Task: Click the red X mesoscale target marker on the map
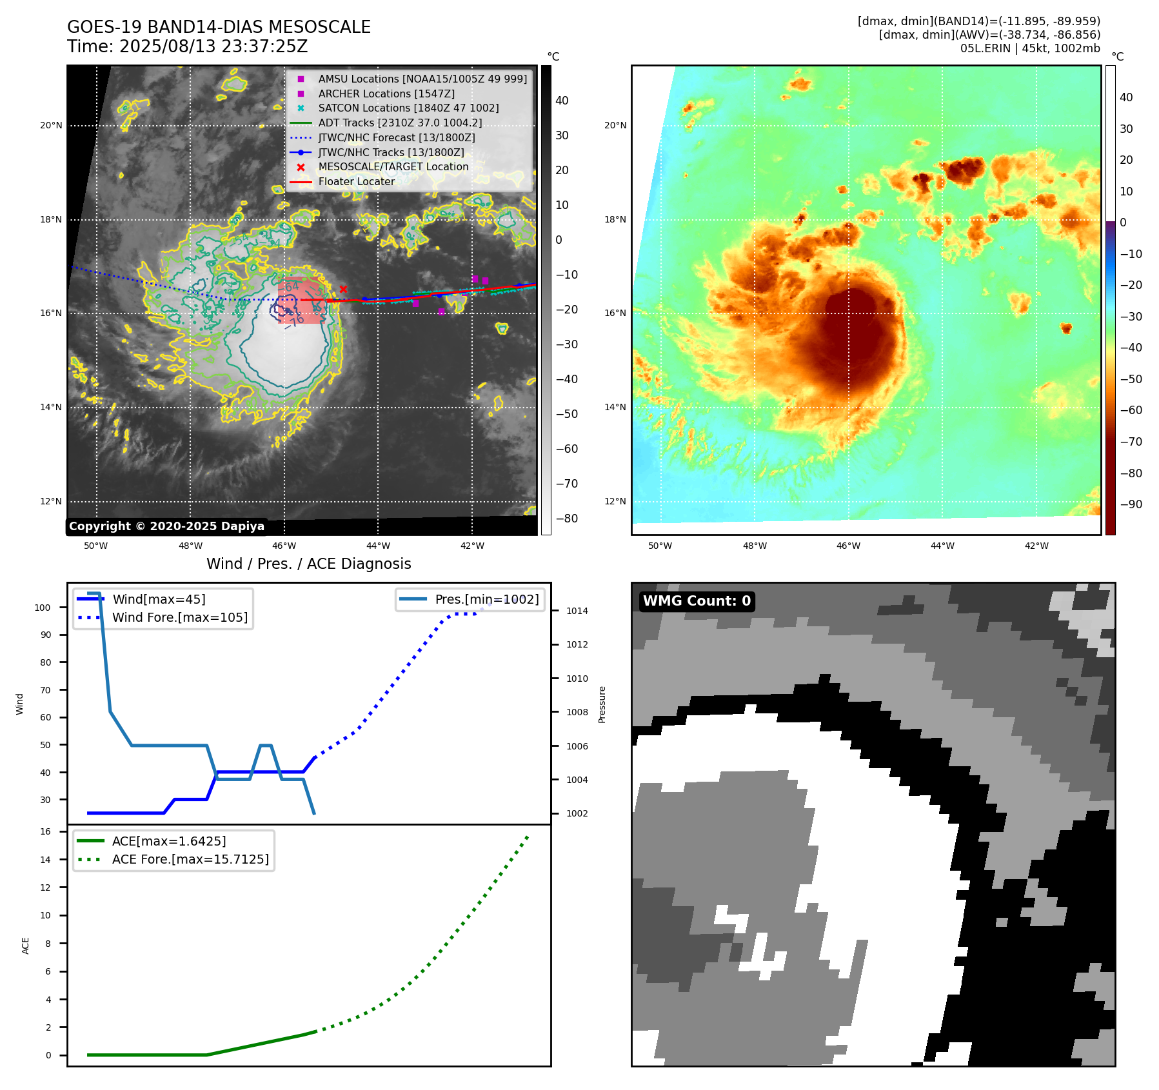343,289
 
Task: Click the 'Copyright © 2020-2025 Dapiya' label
166,526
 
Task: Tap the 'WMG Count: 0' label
697,601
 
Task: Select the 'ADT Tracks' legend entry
400,123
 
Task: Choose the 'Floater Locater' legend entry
356,182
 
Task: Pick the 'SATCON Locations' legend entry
408,108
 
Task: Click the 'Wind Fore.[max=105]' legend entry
179,617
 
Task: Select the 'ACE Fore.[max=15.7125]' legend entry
190,859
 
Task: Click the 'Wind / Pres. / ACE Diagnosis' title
308,564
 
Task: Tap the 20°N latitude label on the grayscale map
52,125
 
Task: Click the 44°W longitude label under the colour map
942,546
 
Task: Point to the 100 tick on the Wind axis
43,608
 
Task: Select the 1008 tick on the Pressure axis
577,712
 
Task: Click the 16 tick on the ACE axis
46,831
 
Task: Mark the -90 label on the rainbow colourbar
1131,504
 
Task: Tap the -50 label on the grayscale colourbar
567,414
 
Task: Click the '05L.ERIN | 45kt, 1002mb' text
1030,48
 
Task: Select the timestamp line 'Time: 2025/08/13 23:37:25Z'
188,46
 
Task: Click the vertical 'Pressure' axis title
602,704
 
